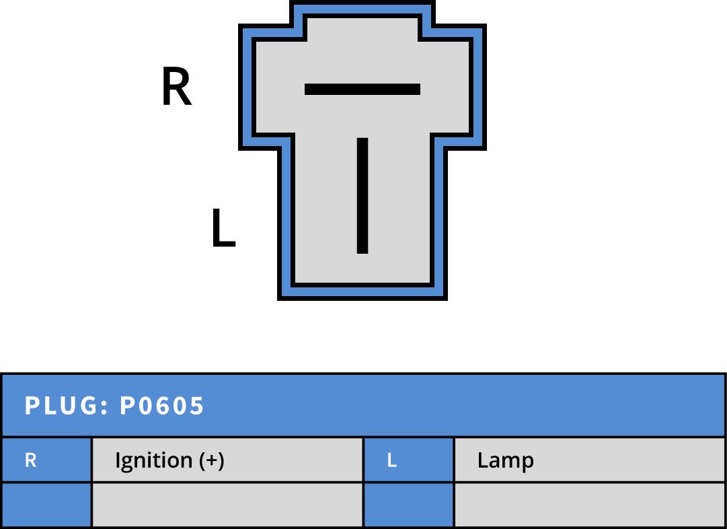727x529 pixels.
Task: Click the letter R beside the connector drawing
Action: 177,87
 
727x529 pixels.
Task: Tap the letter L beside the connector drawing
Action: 223,228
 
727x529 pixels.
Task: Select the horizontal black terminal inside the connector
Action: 362,89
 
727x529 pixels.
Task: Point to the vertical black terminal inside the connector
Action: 362,195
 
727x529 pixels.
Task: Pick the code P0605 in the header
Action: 162,406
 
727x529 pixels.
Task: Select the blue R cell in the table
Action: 46,460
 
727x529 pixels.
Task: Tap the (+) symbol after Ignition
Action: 211,460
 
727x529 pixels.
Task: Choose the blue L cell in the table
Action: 408,460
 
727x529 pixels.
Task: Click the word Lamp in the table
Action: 506,460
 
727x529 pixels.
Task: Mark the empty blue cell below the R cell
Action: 46,505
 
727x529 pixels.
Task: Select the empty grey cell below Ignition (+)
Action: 227,505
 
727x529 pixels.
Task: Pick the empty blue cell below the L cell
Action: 408,505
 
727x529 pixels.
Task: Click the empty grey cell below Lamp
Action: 589,505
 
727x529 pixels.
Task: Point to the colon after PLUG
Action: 106,407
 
